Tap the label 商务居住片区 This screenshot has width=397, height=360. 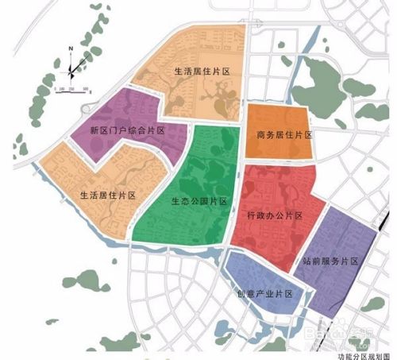(x=284, y=134)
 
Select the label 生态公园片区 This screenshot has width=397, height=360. (x=198, y=201)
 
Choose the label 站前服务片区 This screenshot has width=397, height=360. (x=331, y=260)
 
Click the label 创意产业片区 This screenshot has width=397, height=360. (x=265, y=293)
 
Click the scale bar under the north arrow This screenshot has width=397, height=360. (x=76, y=90)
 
